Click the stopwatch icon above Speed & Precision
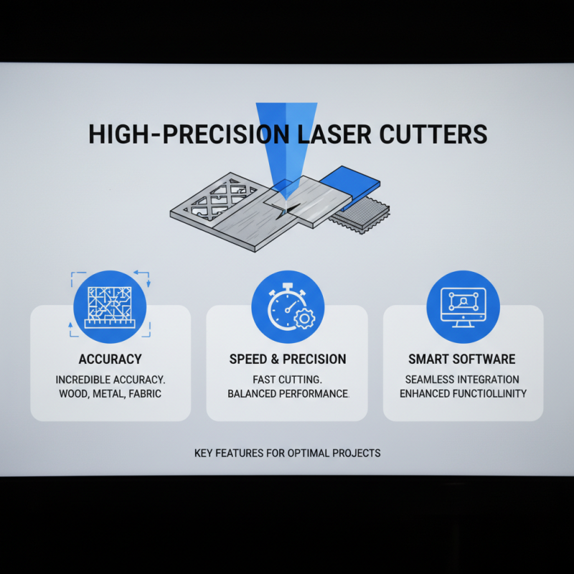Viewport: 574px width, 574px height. pyautogui.click(x=286, y=307)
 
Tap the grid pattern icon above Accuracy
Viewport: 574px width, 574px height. pyautogui.click(x=110, y=307)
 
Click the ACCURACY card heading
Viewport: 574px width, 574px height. pyautogui.click(x=110, y=359)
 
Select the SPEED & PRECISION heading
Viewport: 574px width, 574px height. pyautogui.click(x=287, y=359)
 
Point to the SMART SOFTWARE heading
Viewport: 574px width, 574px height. pyautogui.click(x=463, y=359)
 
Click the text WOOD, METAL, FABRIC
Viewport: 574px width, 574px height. pyautogui.click(x=110, y=393)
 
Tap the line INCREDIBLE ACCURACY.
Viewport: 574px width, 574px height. pyautogui.click(x=110, y=379)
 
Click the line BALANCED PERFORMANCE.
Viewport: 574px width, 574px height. pyautogui.click(x=287, y=394)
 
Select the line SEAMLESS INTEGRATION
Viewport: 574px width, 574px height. pyautogui.click(x=463, y=379)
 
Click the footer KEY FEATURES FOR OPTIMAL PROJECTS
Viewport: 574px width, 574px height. pyautogui.click(x=287, y=453)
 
